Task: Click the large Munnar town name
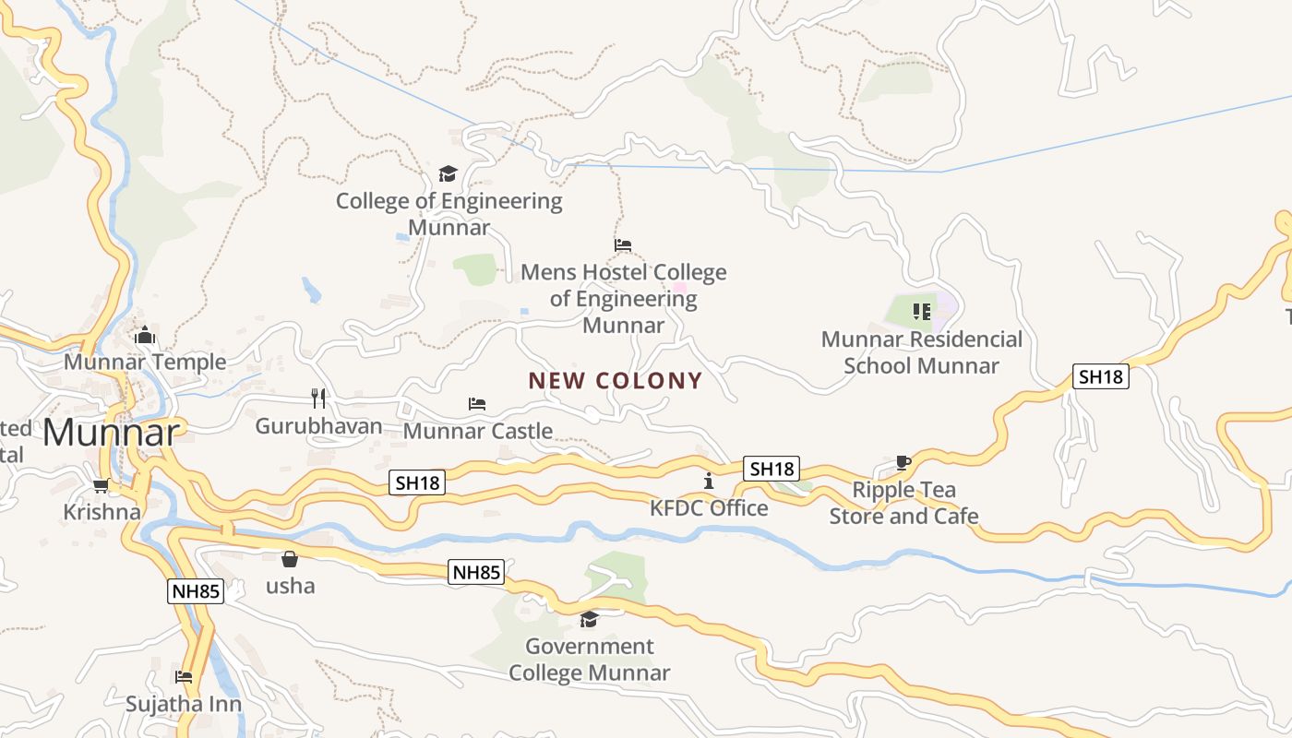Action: tap(111, 433)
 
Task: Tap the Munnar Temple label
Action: tap(145, 362)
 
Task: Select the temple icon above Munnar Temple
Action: tap(144, 335)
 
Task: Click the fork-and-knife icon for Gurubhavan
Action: tap(318, 398)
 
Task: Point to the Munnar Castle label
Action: tap(478, 431)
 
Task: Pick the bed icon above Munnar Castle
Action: tap(477, 404)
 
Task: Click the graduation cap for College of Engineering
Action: tap(449, 173)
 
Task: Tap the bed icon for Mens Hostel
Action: tap(623, 245)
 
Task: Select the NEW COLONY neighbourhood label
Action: tap(616, 380)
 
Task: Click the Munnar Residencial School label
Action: tap(922, 352)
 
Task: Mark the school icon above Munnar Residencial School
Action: tap(921, 312)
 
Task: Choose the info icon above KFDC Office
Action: tap(709, 481)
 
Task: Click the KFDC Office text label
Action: tap(709, 508)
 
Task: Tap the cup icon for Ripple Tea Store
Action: tap(903, 462)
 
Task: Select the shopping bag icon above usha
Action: tap(290, 559)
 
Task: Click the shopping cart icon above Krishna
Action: tap(102, 485)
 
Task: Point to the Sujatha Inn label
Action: tap(184, 704)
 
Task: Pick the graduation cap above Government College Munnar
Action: tap(589, 619)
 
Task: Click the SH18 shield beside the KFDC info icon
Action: tap(772, 469)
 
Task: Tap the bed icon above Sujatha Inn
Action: tap(184, 677)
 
